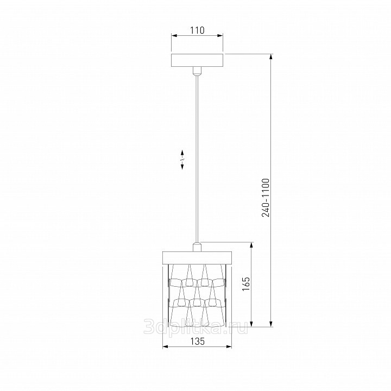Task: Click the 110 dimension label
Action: pyautogui.click(x=197, y=30)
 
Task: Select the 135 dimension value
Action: pyautogui.click(x=198, y=341)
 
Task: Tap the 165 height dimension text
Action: pyautogui.click(x=245, y=284)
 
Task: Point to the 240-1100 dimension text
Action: pyautogui.click(x=266, y=198)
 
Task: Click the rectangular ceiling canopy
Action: pyautogui.click(x=197, y=61)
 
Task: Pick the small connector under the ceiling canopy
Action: pyautogui.click(x=197, y=71)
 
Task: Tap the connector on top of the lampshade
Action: pyautogui.click(x=197, y=247)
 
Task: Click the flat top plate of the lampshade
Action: pyautogui.click(x=197, y=257)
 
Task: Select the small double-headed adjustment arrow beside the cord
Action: pyautogui.click(x=182, y=160)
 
